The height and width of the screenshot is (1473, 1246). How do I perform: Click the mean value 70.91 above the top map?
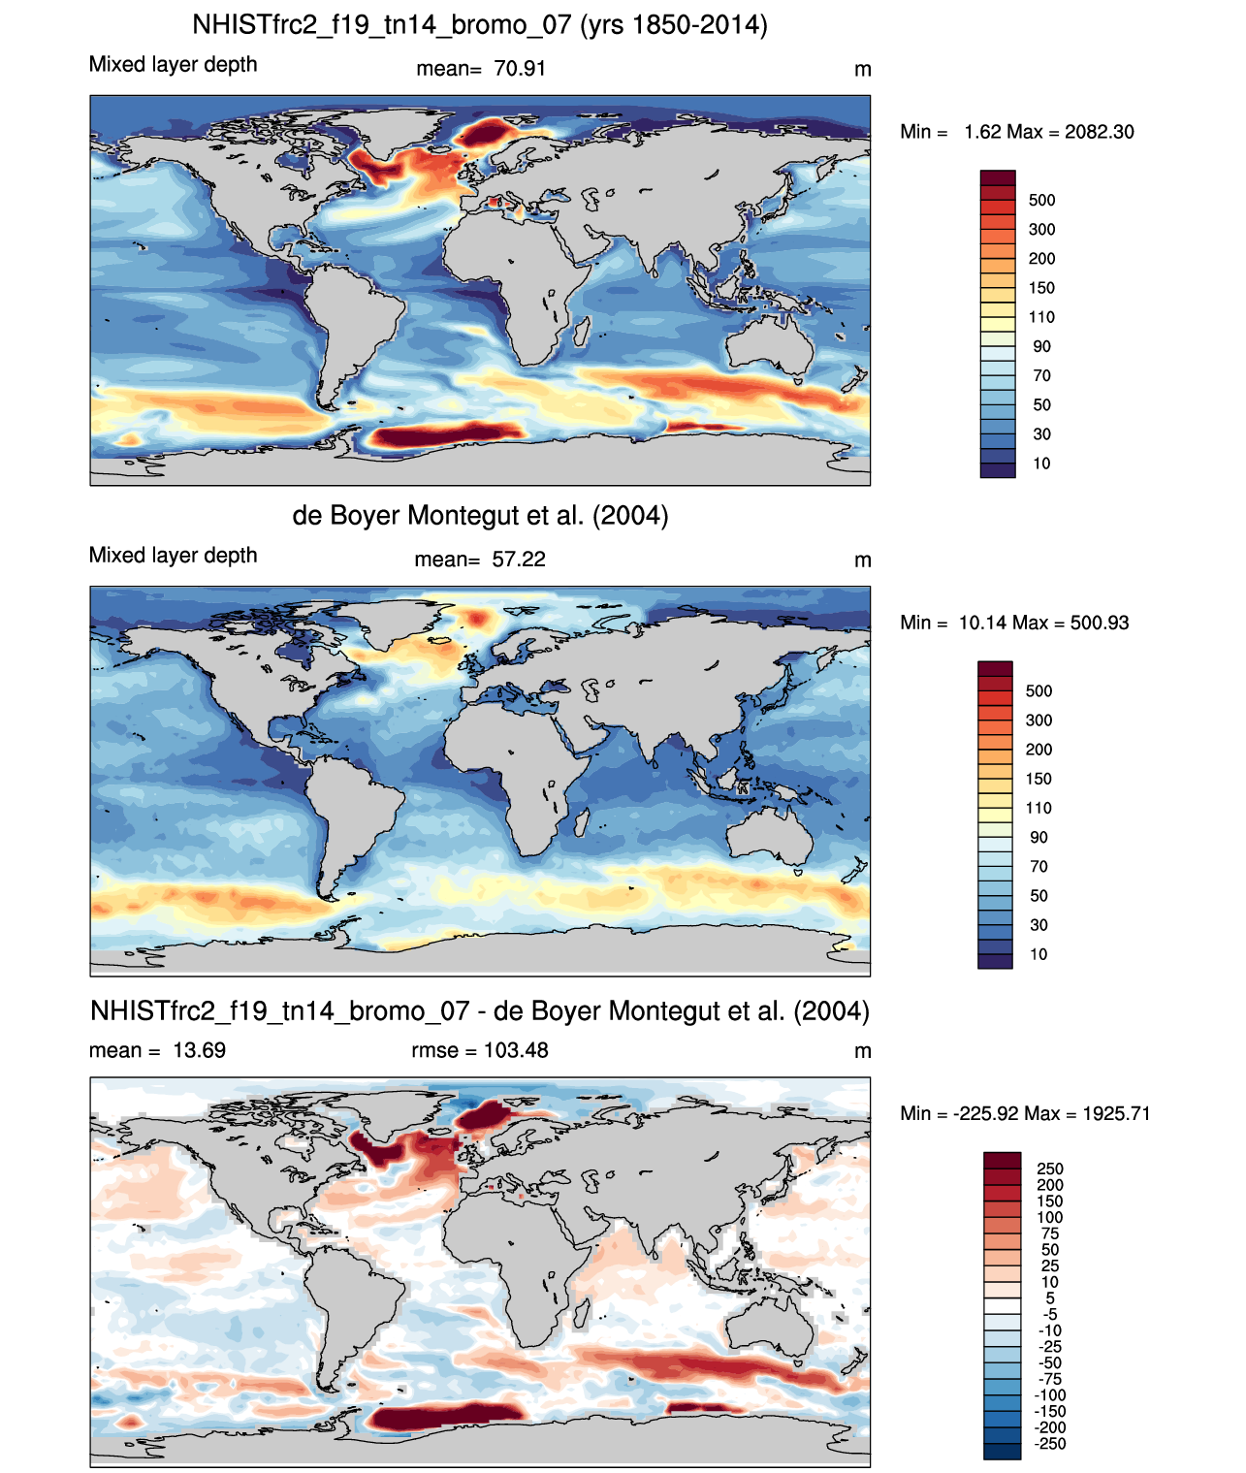coord(520,69)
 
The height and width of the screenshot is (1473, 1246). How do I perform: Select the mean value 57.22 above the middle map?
coord(518,560)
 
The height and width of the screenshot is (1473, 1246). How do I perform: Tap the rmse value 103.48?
coord(516,1050)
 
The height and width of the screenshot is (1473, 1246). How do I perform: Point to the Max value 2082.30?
coord(1100,132)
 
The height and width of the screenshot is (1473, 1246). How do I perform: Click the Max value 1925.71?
coord(1116,1114)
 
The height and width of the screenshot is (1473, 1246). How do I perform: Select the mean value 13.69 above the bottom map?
coord(200,1050)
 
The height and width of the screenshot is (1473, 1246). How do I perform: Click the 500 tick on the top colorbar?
coord(1041,201)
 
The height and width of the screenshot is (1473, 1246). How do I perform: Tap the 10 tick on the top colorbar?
coord(1041,464)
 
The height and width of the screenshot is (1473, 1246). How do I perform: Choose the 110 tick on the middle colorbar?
coord(1038,808)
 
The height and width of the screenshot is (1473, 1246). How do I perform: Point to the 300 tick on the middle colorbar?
coord(1038,720)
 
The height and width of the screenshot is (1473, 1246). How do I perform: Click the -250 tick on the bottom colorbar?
coord(1050,1445)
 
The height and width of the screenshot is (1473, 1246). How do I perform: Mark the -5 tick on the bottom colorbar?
coord(1049,1315)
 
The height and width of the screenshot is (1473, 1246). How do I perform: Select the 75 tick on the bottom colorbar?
coord(1050,1234)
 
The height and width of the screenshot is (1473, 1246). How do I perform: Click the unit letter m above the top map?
coord(863,70)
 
